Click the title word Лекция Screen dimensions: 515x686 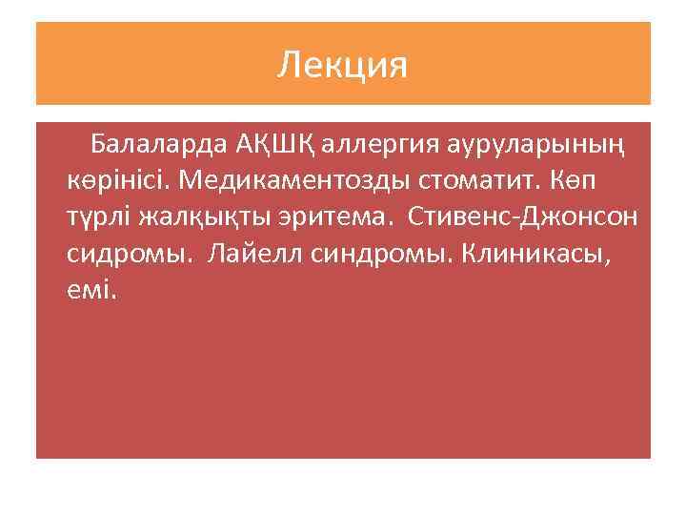(x=343, y=65)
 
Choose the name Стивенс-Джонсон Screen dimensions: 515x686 (x=524, y=217)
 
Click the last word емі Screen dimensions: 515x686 (x=89, y=289)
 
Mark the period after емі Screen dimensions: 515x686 (x=114, y=296)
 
